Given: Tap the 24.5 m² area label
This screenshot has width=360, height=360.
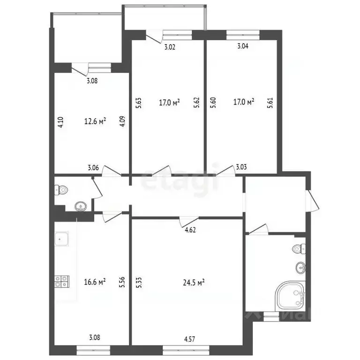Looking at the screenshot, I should point(194,283).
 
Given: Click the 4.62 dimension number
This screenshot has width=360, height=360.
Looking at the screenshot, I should point(190,230).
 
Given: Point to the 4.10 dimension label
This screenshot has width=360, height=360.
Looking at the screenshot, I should point(60,123).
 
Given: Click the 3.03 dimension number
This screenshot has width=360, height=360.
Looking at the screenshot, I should point(241,167).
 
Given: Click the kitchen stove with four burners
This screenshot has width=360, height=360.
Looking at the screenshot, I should point(62,281).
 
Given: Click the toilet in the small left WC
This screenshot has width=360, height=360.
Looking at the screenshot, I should point(61,190).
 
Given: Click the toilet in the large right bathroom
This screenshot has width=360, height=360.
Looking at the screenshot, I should point(299,249).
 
